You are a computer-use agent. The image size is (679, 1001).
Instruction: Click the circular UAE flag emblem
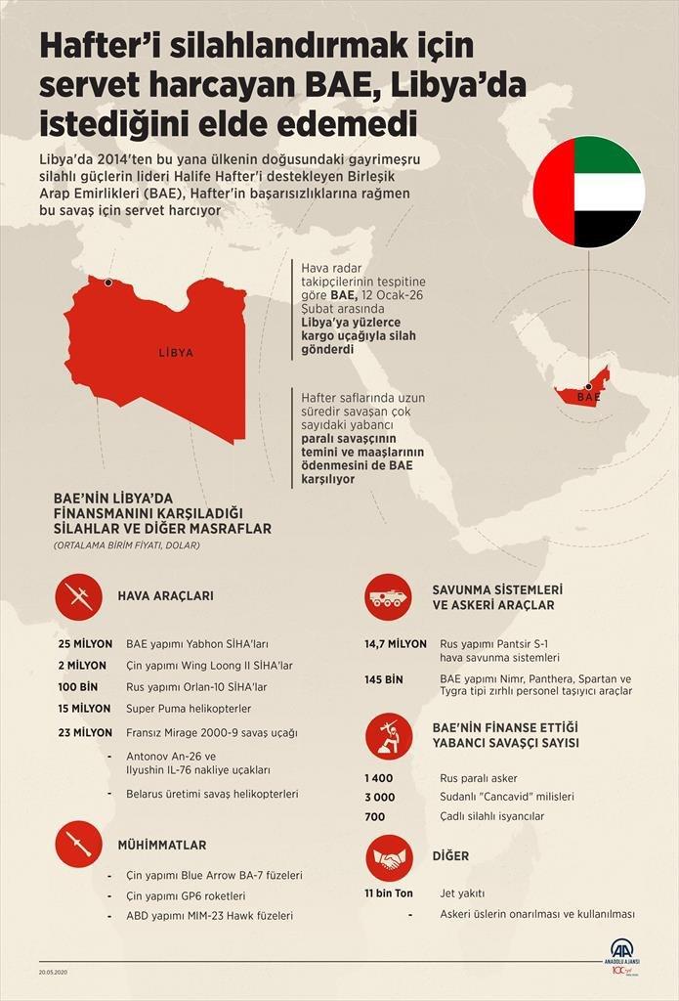(x=588, y=192)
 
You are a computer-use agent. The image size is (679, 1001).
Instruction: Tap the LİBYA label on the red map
(x=176, y=353)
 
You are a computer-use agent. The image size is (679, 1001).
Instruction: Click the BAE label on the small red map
(x=588, y=398)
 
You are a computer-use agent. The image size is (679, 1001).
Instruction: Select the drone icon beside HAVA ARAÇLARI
(x=79, y=595)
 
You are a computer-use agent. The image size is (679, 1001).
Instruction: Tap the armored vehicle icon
(x=389, y=598)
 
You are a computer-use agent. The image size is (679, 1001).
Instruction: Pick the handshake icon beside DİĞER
(x=389, y=857)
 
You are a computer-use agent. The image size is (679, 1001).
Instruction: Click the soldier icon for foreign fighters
(x=389, y=736)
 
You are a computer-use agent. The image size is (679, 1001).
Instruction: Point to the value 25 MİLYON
(x=85, y=644)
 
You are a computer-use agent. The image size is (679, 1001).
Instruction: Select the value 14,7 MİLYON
(x=395, y=644)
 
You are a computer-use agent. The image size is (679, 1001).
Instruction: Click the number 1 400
(x=378, y=777)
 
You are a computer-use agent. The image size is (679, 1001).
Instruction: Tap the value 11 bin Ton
(x=389, y=893)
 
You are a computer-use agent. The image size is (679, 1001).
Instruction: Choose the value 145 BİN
(x=384, y=678)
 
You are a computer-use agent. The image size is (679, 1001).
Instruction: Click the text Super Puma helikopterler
(x=189, y=709)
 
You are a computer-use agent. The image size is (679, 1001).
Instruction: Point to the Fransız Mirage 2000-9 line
(x=212, y=732)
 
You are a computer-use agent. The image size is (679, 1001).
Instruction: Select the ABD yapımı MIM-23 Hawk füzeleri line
(x=209, y=916)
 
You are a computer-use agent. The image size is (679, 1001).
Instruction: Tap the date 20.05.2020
(x=53, y=973)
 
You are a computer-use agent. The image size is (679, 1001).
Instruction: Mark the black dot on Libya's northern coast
(x=107, y=283)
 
